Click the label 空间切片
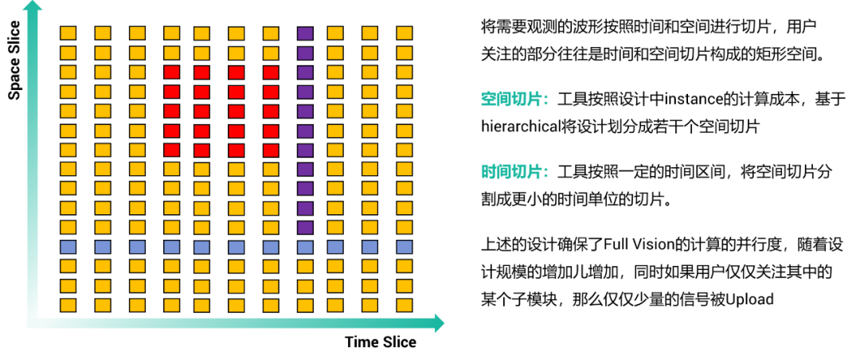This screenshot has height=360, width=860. (x=514, y=100)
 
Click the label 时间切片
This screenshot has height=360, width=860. (x=514, y=172)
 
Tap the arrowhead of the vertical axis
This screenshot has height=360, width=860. (x=33, y=6)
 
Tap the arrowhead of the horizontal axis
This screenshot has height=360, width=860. (x=439, y=323)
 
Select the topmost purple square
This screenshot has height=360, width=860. (x=305, y=33)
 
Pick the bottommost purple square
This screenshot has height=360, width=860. (x=305, y=227)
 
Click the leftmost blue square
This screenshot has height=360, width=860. (x=68, y=247)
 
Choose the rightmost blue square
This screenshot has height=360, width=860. (x=405, y=247)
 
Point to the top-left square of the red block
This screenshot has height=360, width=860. (x=172, y=72)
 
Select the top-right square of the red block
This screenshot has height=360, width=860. (x=271, y=72)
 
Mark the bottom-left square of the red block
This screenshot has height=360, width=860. (x=172, y=150)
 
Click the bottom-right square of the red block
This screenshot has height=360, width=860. (x=271, y=150)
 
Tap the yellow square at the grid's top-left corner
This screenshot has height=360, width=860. (x=68, y=33)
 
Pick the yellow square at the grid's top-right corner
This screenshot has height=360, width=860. (x=405, y=33)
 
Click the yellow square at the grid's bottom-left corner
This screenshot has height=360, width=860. (x=68, y=305)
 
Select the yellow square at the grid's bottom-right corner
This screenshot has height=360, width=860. (x=405, y=305)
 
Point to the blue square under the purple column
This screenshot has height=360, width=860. (x=305, y=247)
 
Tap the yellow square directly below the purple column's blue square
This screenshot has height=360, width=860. (x=305, y=266)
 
